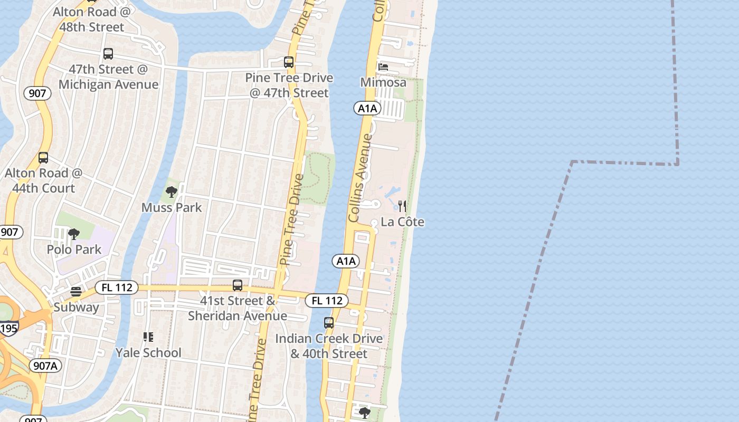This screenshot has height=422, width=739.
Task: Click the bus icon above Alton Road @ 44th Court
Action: point(43,158)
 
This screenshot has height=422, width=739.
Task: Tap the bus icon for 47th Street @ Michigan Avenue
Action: point(108,54)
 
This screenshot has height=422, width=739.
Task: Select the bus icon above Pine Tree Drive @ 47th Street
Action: point(289,62)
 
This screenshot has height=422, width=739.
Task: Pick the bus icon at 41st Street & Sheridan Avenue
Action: point(238,285)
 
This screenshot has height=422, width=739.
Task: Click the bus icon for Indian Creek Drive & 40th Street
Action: point(329,323)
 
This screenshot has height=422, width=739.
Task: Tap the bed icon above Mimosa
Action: point(383,67)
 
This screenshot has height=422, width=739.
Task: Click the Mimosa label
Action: point(383,82)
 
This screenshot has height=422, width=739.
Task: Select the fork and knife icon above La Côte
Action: point(402,206)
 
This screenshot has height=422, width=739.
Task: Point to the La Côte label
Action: point(402,222)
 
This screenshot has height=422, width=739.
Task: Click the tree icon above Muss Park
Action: point(171,192)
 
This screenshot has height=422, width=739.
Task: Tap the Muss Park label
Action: point(172,207)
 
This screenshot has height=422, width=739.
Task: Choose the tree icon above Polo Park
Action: point(74,234)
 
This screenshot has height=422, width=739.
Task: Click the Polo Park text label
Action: point(74,249)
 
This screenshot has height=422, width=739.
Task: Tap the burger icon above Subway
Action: point(76,292)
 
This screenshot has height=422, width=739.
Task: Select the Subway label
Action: point(76,307)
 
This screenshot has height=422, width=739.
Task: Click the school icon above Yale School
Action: point(148,337)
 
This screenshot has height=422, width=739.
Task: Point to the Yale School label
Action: point(148,352)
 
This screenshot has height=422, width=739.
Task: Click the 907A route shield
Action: point(45,366)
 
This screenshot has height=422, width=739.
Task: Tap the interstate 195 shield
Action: point(8,328)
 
